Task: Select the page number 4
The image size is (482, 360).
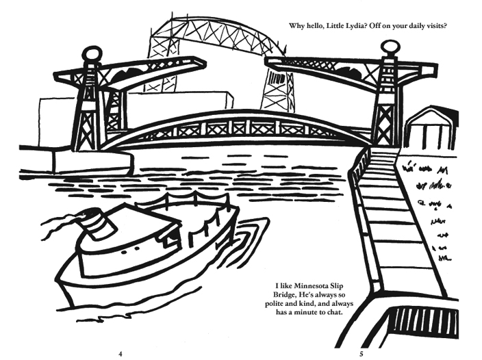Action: click(x=120, y=354)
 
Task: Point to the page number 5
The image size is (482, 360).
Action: click(x=361, y=354)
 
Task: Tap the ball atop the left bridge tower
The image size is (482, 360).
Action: click(x=91, y=55)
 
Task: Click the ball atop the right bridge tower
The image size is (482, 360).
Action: click(x=390, y=48)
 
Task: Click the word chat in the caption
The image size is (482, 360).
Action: click(x=335, y=312)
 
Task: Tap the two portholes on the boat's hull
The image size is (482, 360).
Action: click(x=130, y=250)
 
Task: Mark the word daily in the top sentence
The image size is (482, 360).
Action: click(x=414, y=26)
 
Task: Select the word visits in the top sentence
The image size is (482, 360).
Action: click(x=435, y=25)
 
